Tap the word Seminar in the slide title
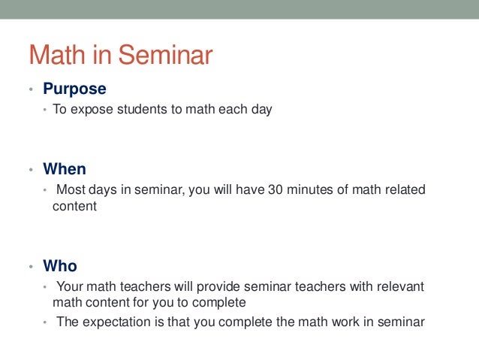(166, 55)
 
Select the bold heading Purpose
(74, 89)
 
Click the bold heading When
(65, 169)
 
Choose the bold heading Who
(60, 266)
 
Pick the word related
(404, 189)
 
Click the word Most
(71, 189)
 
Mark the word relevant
(399, 286)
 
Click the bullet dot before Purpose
(31, 90)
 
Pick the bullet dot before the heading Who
(31, 268)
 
